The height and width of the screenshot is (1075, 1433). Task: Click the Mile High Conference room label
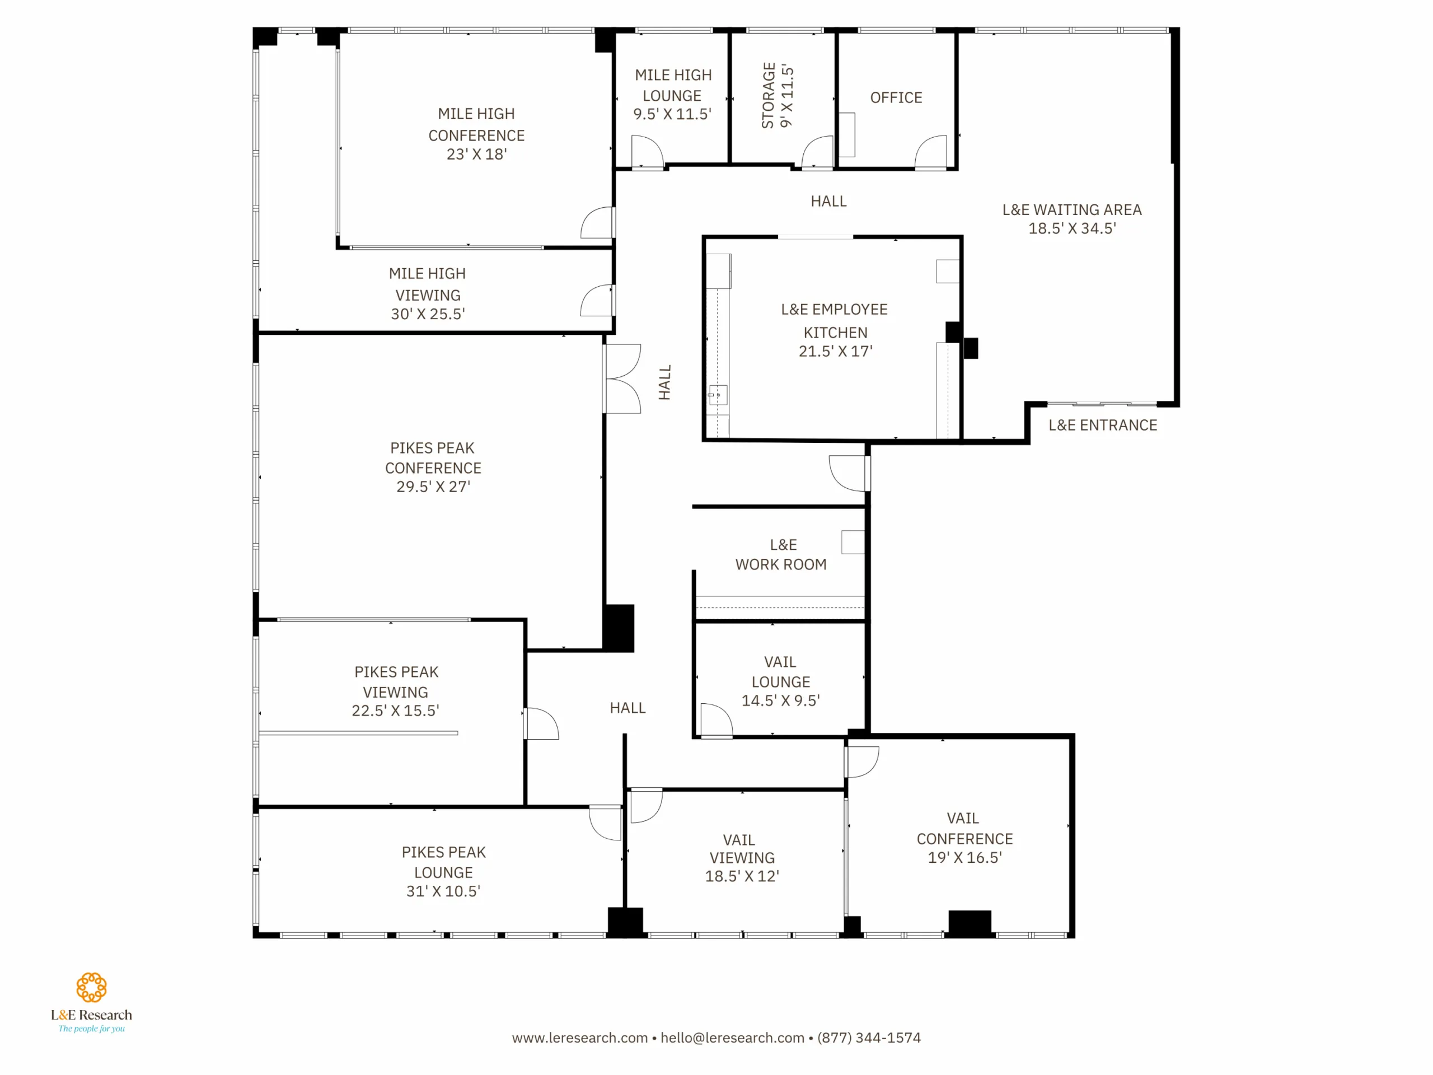pos(476,133)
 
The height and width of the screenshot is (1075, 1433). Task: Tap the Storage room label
pos(777,95)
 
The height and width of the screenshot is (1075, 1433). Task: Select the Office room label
pos(896,98)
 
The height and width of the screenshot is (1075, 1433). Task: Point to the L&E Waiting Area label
pos(1072,218)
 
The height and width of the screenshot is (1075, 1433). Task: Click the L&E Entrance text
pos(1103,425)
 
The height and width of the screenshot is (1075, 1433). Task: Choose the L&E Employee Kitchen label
pos(835,330)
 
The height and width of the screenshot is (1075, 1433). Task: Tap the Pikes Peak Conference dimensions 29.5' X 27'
pos(433,487)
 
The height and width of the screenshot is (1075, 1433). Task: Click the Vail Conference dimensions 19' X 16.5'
pos(964,857)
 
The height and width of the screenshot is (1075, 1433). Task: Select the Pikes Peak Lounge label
pos(444,871)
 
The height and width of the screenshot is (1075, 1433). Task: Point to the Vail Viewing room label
pos(742,857)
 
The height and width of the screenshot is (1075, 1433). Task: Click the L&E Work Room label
pos(781,555)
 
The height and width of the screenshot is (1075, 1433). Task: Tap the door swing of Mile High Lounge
pos(648,151)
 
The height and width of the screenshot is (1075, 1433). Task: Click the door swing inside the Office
pos(931,152)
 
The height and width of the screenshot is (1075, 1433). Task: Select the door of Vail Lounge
pos(716,720)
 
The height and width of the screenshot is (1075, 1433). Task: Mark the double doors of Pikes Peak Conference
pos(622,378)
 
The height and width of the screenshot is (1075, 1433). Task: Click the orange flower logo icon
pos(91,987)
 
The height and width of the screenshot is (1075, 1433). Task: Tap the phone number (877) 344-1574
pos(869,1037)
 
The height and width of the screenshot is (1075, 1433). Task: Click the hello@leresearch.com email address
pos(732,1037)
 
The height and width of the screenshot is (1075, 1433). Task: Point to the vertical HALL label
pos(664,382)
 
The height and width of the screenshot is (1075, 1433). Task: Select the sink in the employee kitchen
pos(717,395)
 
